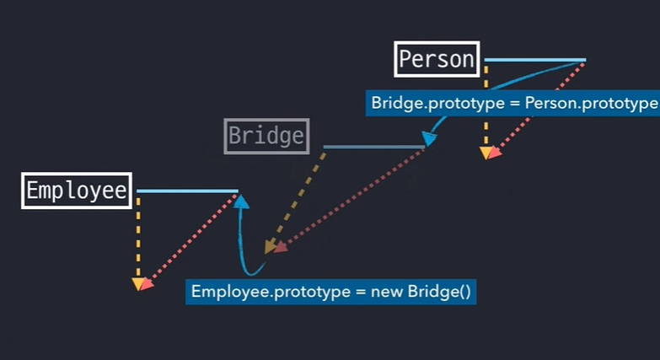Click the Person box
437,59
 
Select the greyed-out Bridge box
266,137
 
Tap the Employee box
77,191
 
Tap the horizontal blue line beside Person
534,60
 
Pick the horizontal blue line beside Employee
187,191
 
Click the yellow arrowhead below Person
486,153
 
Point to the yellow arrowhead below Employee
138,285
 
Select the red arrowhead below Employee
147,284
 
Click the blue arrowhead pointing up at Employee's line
242,201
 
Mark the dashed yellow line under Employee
138,236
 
